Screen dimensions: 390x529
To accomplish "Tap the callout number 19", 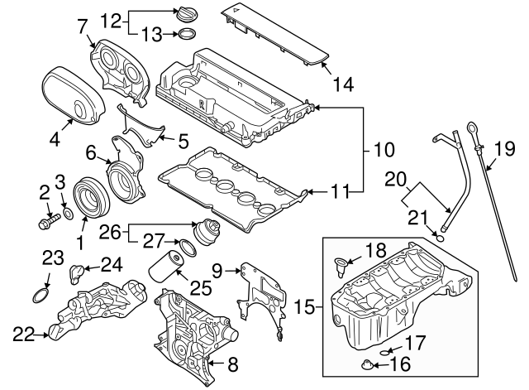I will tap(505, 150).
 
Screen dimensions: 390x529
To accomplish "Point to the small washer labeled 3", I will tap(69, 216).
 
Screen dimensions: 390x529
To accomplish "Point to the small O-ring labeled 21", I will tap(442, 238).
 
